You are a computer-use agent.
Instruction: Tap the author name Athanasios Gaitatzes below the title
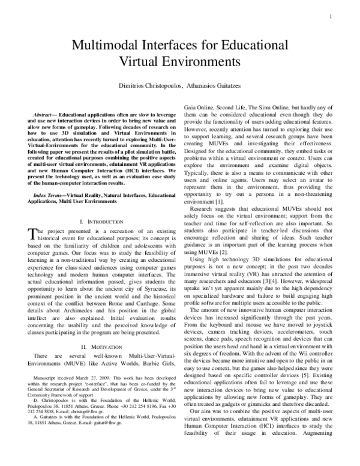(x=217, y=86)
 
